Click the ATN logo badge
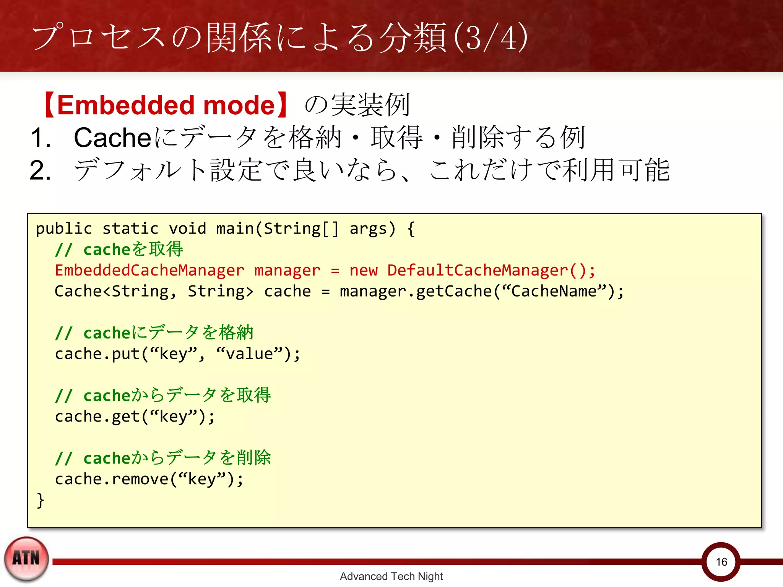[x=26, y=559]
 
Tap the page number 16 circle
[x=721, y=561]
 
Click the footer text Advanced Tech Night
[x=391, y=576]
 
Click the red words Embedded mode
[x=166, y=105]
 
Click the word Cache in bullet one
[x=112, y=138]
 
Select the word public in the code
[x=64, y=229]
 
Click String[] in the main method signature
[x=301, y=229]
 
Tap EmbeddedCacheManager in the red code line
[x=149, y=270]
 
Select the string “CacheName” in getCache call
[x=554, y=291]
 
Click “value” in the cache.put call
[x=249, y=354]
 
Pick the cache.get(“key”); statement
[x=135, y=417]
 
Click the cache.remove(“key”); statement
[x=149, y=479]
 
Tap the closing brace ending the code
[x=40, y=500]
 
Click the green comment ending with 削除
[x=163, y=458]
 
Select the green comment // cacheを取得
[x=119, y=250]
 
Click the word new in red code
[x=363, y=270]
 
